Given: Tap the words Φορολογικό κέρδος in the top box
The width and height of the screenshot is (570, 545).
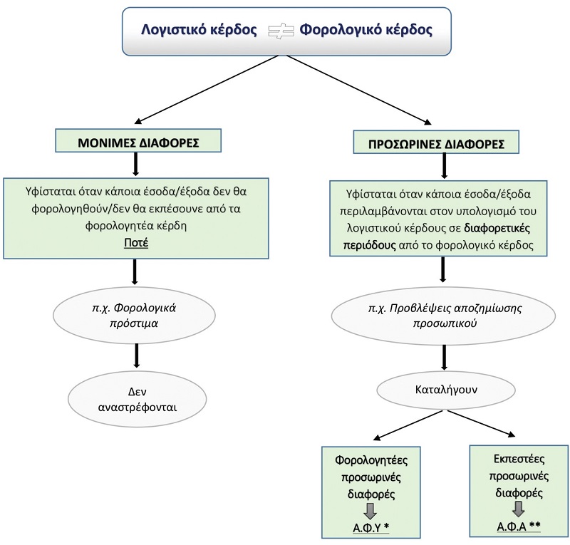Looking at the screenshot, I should point(365,31).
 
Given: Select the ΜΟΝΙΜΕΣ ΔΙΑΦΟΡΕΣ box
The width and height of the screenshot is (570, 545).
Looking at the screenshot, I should point(137,140).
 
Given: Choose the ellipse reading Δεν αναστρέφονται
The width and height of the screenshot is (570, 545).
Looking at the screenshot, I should point(135,401).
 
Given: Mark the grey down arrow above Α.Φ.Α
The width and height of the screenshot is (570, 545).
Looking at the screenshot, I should point(517,507).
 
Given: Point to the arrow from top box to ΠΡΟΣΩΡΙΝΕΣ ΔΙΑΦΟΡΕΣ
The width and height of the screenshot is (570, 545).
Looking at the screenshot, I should point(356,89).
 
